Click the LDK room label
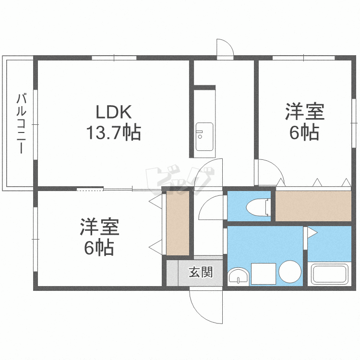(113, 112)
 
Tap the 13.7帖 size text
(113, 132)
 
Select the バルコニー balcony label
(21, 123)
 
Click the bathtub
(331, 275)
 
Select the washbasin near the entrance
(238, 276)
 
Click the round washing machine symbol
(289, 272)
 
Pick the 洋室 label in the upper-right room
(304, 112)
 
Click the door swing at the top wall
(225, 48)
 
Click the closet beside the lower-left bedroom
(178, 224)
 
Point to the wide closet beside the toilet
(313, 205)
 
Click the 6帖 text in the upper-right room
(304, 132)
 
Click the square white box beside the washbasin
(263, 274)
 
